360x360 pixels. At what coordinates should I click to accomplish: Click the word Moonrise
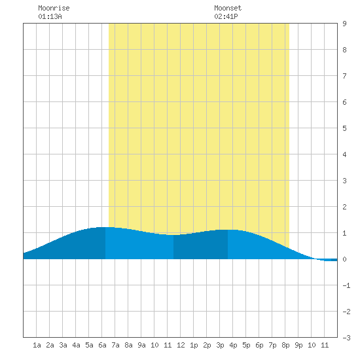(x=54, y=8)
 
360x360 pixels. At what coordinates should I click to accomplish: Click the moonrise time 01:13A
(x=50, y=16)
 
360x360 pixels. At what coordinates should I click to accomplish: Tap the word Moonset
(x=228, y=8)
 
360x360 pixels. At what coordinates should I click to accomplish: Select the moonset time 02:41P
(x=226, y=16)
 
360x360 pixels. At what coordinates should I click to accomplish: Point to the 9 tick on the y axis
(x=344, y=24)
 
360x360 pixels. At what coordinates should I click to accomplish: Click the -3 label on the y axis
(x=346, y=338)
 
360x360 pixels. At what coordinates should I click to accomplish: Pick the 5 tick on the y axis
(x=344, y=128)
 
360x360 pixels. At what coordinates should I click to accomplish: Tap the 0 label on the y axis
(x=344, y=259)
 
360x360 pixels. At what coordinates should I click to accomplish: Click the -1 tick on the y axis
(x=346, y=285)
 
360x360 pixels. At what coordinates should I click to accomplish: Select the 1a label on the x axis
(x=37, y=345)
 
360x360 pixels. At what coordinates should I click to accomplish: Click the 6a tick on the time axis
(x=102, y=345)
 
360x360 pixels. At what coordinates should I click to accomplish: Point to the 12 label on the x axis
(x=181, y=345)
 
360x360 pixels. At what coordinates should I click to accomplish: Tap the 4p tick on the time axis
(x=233, y=345)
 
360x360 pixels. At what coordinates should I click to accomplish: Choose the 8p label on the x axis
(x=285, y=345)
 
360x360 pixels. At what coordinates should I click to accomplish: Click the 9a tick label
(x=141, y=345)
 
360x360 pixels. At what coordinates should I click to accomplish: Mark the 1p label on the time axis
(x=194, y=345)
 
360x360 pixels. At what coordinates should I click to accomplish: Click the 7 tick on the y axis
(x=344, y=76)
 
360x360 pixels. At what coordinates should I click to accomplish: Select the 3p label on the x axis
(x=220, y=345)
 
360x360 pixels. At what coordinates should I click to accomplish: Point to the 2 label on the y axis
(x=344, y=207)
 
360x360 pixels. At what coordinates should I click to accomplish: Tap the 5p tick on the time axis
(x=246, y=345)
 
